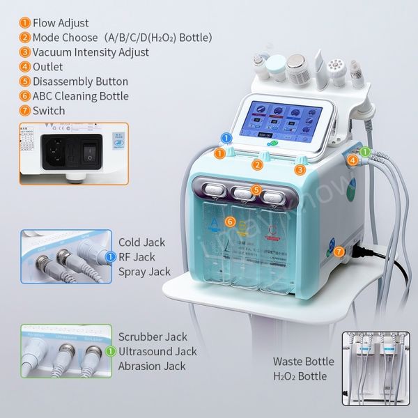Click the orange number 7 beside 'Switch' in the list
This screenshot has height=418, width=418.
[x=24, y=111]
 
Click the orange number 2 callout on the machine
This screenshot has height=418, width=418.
[x=257, y=165]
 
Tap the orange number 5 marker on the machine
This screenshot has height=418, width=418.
[x=257, y=189]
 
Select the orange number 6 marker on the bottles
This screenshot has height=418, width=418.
[x=230, y=222]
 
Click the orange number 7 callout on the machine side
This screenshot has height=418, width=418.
[x=339, y=251]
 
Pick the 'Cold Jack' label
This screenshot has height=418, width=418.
[x=141, y=242]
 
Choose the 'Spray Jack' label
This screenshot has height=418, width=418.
[x=144, y=272]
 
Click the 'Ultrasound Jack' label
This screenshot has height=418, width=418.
[x=157, y=352]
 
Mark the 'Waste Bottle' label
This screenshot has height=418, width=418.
[x=304, y=362]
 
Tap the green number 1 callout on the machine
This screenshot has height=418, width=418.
[x=365, y=152]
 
